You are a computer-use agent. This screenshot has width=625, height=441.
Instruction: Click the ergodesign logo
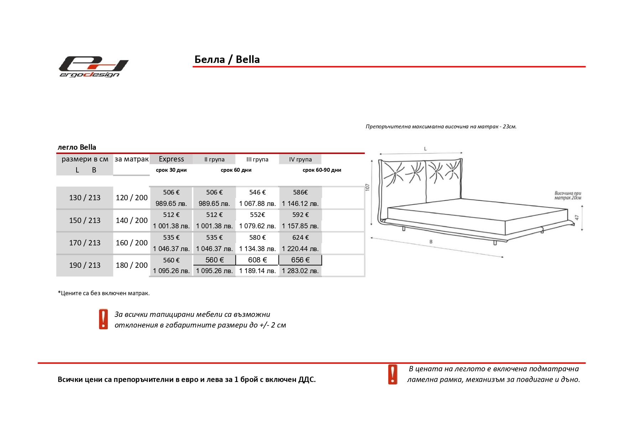tap(93, 67)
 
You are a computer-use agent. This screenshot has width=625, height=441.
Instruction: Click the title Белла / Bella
tap(227, 59)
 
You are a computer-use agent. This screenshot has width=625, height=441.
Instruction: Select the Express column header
tap(171, 159)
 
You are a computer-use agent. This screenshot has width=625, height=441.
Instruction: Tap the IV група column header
tap(300, 159)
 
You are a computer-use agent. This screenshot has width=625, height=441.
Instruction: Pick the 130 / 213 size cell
tap(85, 198)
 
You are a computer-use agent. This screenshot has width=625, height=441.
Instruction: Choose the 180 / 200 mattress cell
tap(131, 265)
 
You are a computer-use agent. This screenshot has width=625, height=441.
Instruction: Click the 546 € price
tap(257, 192)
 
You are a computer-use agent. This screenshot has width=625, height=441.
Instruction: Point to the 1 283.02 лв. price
tap(300, 271)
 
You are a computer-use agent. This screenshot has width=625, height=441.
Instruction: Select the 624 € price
tap(300, 238)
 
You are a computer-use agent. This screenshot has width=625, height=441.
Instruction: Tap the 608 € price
tap(257, 260)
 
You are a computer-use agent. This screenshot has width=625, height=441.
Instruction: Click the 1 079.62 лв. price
tap(257, 226)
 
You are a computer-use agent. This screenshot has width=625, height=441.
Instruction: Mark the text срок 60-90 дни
tap(322, 170)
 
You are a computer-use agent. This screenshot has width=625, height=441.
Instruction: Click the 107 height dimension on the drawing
tap(368, 187)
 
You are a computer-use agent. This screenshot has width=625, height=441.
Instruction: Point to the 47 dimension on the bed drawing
tap(577, 218)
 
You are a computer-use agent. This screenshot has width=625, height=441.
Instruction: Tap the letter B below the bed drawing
tap(431, 242)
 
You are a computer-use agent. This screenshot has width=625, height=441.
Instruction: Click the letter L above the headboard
tap(425, 149)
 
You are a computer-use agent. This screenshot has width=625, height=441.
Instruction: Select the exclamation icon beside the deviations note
tap(103, 319)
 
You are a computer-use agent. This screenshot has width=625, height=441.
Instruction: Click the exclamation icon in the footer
tap(392, 374)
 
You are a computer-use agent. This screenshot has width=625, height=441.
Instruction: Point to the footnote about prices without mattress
tap(104, 293)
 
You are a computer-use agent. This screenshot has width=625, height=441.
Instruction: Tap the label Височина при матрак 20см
tap(568, 196)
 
